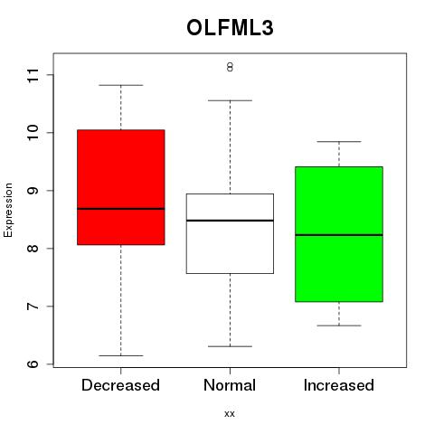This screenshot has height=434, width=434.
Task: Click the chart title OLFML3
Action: [x=230, y=28]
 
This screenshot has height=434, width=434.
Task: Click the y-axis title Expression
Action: [x=8, y=210]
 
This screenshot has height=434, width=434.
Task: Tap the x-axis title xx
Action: [x=230, y=413]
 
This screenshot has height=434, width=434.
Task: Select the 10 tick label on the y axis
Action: [x=33, y=133]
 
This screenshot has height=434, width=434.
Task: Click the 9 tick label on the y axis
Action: [x=33, y=191]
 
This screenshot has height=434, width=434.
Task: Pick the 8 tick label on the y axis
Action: [x=33, y=249]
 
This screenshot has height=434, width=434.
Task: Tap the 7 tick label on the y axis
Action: [x=33, y=307]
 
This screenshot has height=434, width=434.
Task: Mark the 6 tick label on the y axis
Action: [x=33, y=363]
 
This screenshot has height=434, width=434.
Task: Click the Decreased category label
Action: [x=120, y=385]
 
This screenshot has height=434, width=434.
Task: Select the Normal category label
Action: [x=230, y=385]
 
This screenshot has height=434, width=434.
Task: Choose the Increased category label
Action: [x=339, y=385]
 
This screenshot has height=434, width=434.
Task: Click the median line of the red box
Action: [x=121, y=209]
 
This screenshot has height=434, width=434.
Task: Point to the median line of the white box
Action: [x=230, y=221]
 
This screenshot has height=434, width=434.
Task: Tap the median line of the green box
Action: [x=339, y=235]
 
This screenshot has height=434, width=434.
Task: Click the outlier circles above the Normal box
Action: [x=230, y=67]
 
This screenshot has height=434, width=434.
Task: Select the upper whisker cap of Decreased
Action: [x=121, y=85]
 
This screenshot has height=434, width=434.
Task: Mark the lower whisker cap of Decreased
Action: [x=121, y=355]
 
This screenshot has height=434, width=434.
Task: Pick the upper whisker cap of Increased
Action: [x=339, y=141]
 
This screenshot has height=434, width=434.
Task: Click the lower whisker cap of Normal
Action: [x=230, y=346]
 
